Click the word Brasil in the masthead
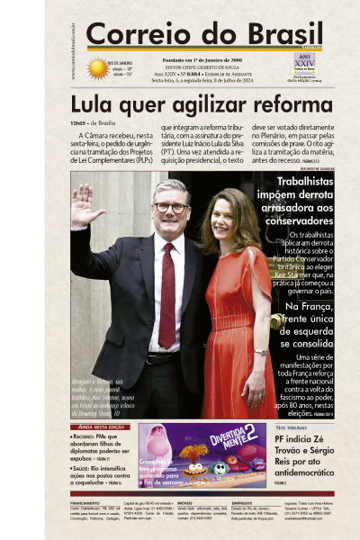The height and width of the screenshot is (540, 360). [x=262, y=34]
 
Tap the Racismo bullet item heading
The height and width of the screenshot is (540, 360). [x=93, y=436]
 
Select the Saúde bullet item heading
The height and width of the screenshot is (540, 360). [x=89, y=470]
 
